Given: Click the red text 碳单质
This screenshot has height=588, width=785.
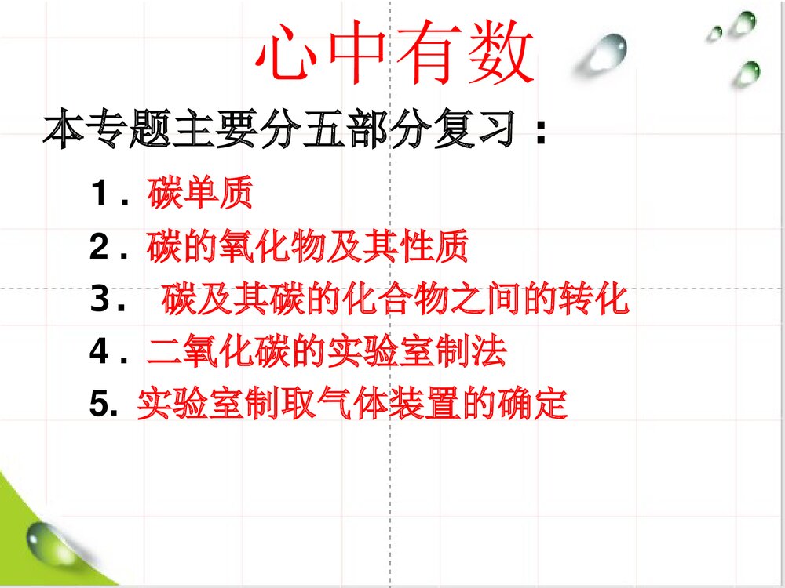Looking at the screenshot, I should coord(200,194).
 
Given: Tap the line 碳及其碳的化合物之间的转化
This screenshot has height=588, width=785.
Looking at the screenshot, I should coord(396,300).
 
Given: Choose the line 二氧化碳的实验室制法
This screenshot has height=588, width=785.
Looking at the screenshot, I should coord(326,353).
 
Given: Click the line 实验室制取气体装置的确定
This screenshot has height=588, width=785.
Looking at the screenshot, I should coord(351,405).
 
